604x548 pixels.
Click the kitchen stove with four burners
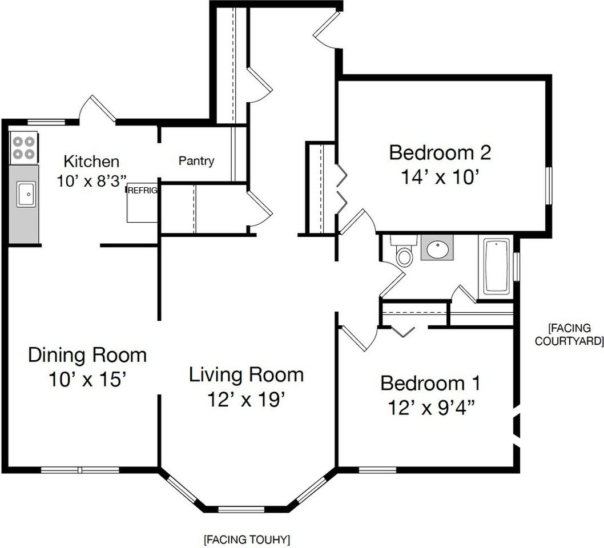(24, 147)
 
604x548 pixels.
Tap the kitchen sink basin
(26, 194)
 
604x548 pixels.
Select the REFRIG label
(142, 191)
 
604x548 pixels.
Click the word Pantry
(196, 161)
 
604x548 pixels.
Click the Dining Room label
(87, 355)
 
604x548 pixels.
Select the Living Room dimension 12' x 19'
(246, 399)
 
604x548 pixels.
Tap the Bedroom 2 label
(440, 153)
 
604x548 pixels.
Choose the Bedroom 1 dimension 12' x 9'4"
(430, 408)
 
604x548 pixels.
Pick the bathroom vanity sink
(437, 248)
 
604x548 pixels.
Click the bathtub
(497, 267)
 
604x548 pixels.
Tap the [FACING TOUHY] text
(247, 539)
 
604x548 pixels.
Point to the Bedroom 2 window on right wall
(549, 185)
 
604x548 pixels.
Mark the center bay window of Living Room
(241, 509)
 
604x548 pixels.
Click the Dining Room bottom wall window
(80, 470)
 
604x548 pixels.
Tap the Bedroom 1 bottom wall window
(377, 470)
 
